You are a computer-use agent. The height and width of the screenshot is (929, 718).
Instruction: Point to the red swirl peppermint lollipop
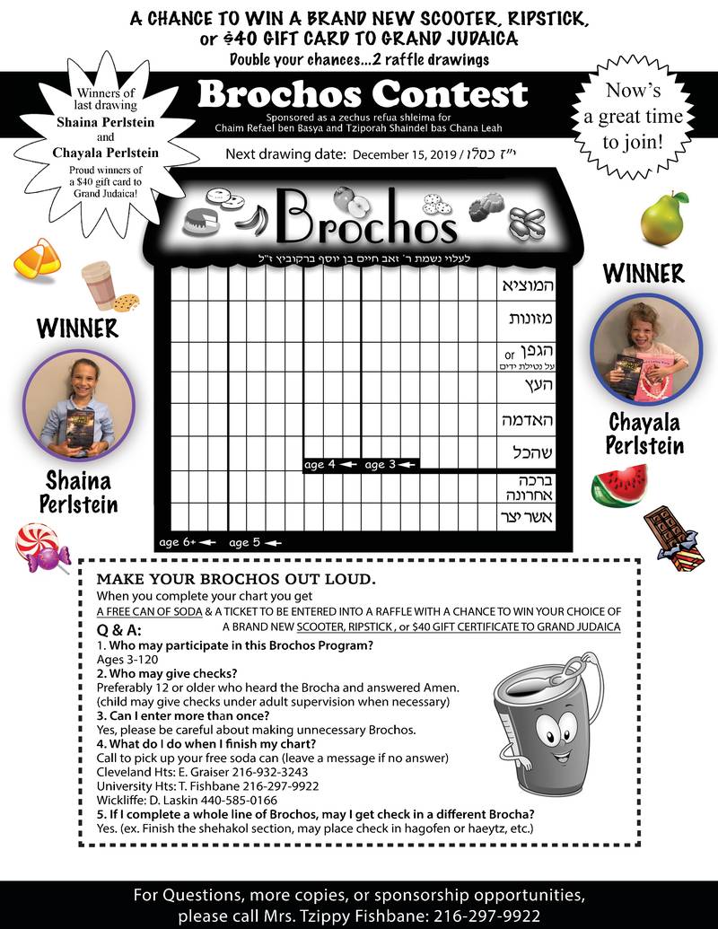(x=41, y=548)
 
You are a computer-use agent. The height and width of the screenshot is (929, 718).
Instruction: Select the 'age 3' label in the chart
(x=389, y=464)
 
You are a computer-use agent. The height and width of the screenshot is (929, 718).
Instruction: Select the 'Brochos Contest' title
(x=363, y=93)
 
